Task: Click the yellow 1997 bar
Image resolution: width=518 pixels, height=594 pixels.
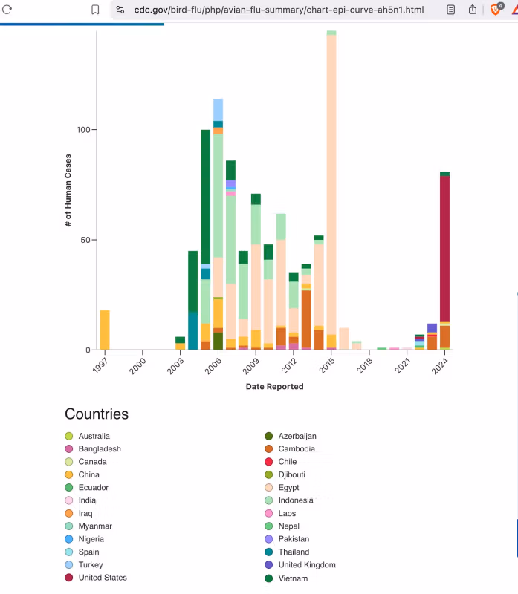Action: point(105,330)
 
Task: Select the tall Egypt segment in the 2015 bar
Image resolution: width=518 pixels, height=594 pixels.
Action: point(331,186)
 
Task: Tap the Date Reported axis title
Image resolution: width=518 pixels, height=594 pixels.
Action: point(274,386)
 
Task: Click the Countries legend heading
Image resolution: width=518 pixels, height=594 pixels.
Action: point(97,414)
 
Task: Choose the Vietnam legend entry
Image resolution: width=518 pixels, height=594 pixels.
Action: point(292,578)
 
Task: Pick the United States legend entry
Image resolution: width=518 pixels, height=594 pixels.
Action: point(102,578)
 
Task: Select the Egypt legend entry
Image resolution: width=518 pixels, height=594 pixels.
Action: point(288,488)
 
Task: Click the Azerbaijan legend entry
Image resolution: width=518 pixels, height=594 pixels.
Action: point(297,436)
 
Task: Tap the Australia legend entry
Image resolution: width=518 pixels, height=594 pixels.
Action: point(94,436)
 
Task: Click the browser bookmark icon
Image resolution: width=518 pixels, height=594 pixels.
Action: point(95,10)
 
